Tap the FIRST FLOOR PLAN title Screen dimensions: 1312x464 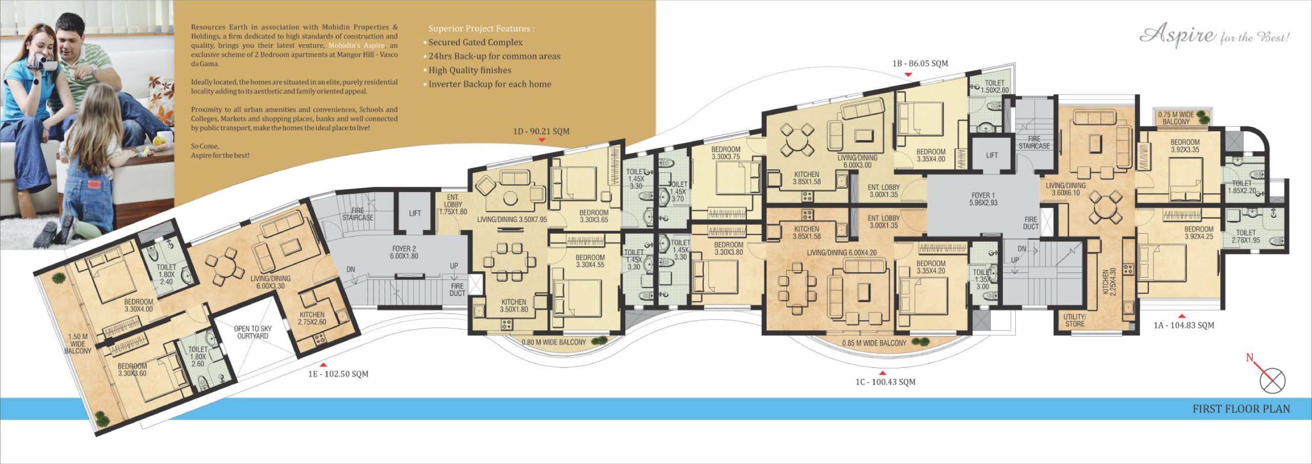tap(1241, 409)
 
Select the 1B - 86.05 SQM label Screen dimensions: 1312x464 tap(920, 64)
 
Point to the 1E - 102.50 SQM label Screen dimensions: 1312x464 tap(338, 374)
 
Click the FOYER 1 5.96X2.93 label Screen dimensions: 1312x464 tap(983, 199)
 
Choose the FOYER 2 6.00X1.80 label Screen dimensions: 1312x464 tap(404, 252)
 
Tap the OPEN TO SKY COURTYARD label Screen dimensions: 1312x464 tap(253, 332)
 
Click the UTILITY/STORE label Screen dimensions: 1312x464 tap(1075, 320)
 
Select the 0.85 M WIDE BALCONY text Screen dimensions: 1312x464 tap(874, 343)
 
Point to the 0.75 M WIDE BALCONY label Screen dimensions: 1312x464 tap(1176, 118)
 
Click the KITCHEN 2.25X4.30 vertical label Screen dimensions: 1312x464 tap(1109, 281)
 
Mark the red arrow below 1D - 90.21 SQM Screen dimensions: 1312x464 tap(542, 140)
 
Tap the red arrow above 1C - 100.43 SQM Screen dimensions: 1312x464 tap(883, 373)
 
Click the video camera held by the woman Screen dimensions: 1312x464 tap(38, 62)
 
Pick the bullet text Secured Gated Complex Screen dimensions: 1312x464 tap(476, 43)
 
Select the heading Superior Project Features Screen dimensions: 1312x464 tap(481, 29)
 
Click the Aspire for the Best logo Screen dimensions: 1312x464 tap(1214, 35)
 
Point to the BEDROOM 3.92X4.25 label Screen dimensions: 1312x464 tap(1199, 233)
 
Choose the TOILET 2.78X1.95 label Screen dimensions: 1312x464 tap(1246, 236)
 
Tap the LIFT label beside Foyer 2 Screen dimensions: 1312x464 tap(415, 213)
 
